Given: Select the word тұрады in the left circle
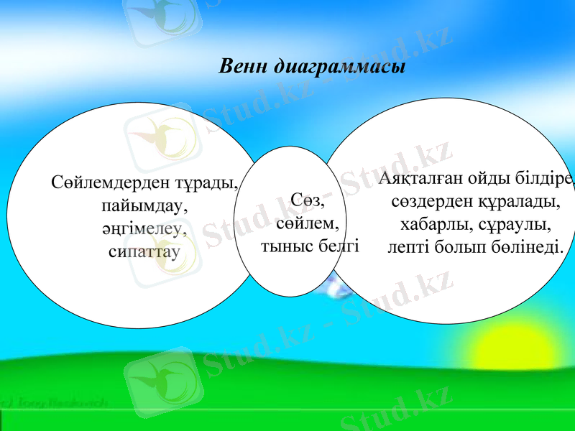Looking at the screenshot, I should point(211,182).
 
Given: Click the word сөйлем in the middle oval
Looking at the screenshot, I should point(307,223).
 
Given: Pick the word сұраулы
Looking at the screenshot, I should point(515,224).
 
